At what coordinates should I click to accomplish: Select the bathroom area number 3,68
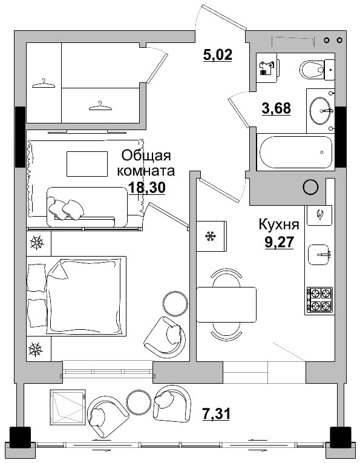point(276,108)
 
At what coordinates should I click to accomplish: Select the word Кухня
point(279,225)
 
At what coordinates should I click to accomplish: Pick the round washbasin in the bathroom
point(320,110)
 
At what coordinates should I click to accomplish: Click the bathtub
point(295,153)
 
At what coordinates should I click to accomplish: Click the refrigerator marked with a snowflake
point(211,235)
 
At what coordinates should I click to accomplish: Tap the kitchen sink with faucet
point(319,255)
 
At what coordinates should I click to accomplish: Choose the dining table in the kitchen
point(226,305)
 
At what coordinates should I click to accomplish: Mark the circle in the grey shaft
point(311,188)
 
